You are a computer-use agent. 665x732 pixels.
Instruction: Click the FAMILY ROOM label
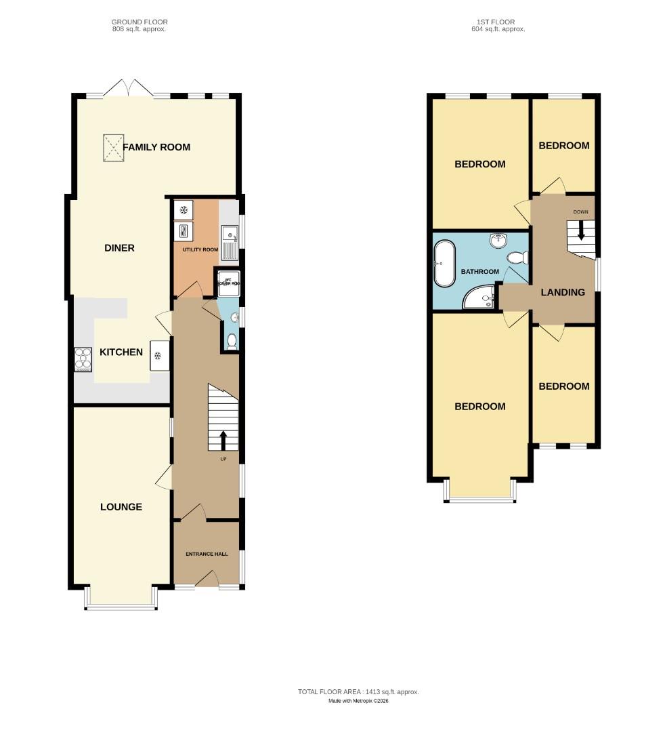click(156, 147)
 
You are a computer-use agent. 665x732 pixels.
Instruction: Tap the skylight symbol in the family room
click(113, 148)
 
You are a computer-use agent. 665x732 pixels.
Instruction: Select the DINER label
click(119, 248)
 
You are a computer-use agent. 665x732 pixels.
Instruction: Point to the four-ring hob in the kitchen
click(83, 359)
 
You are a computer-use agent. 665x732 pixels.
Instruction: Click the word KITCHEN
click(121, 352)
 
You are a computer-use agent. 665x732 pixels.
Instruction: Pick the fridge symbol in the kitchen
click(159, 356)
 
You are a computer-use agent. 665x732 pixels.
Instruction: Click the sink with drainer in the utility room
click(230, 243)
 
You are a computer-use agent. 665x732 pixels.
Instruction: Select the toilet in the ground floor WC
click(232, 340)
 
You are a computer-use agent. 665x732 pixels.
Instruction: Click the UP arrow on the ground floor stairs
click(223, 441)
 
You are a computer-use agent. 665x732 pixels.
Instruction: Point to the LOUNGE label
click(121, 507)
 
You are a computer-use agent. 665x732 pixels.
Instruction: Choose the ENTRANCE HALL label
click(207, 554)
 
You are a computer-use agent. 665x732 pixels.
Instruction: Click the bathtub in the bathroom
click(445, 264)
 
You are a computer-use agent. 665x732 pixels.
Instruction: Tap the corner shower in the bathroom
click(479, 296)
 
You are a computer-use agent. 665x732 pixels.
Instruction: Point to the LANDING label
click(563, 293)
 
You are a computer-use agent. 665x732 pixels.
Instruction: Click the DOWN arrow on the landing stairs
click(581, 233)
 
